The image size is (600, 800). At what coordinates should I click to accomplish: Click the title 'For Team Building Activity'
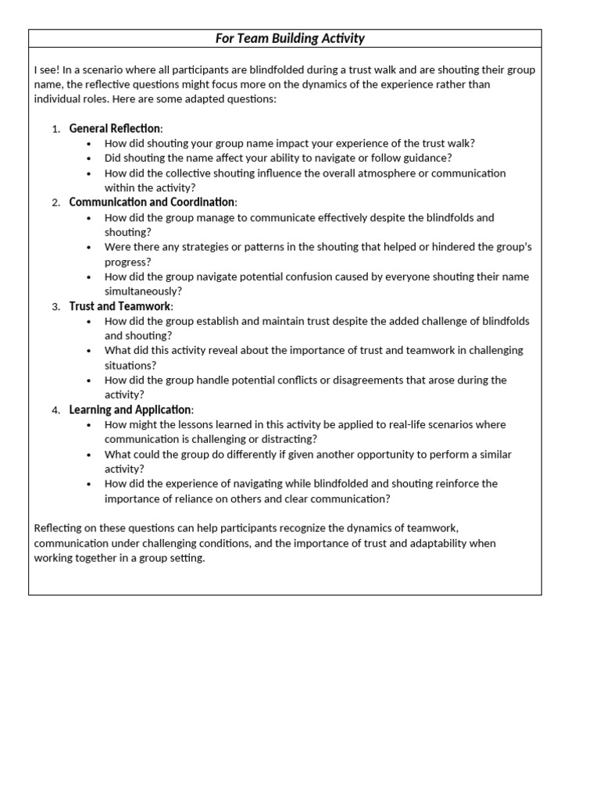pyautogui.click(x=290, y=38)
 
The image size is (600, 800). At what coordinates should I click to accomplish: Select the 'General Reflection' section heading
pyautogui.click(x=115, y=128)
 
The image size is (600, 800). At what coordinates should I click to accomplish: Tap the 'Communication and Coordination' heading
pyautogui.click(x=152, y=202)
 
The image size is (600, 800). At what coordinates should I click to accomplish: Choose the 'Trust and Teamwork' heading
pyautogui.click(x=120, y=306)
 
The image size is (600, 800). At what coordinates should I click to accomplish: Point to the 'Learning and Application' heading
pyautogui.click(x=130, y=409)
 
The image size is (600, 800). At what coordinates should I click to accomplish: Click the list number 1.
pyautogui.click(x=55, y=129)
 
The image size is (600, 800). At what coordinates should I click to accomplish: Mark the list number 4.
pyautogui.click(x=55, y=410)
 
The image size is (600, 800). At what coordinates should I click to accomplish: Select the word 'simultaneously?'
pyautogui.click(x=142, y=291)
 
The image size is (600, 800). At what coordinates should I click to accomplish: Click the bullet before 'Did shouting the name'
pyautogui.click(x=90, y=159)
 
